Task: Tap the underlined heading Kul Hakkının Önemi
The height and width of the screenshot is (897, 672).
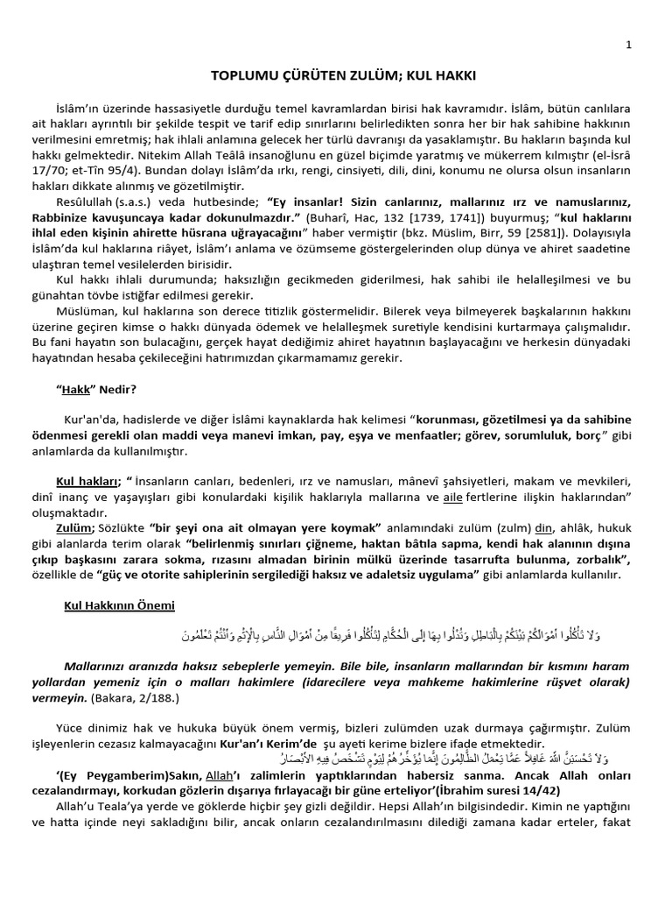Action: [x=120, y=605]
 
